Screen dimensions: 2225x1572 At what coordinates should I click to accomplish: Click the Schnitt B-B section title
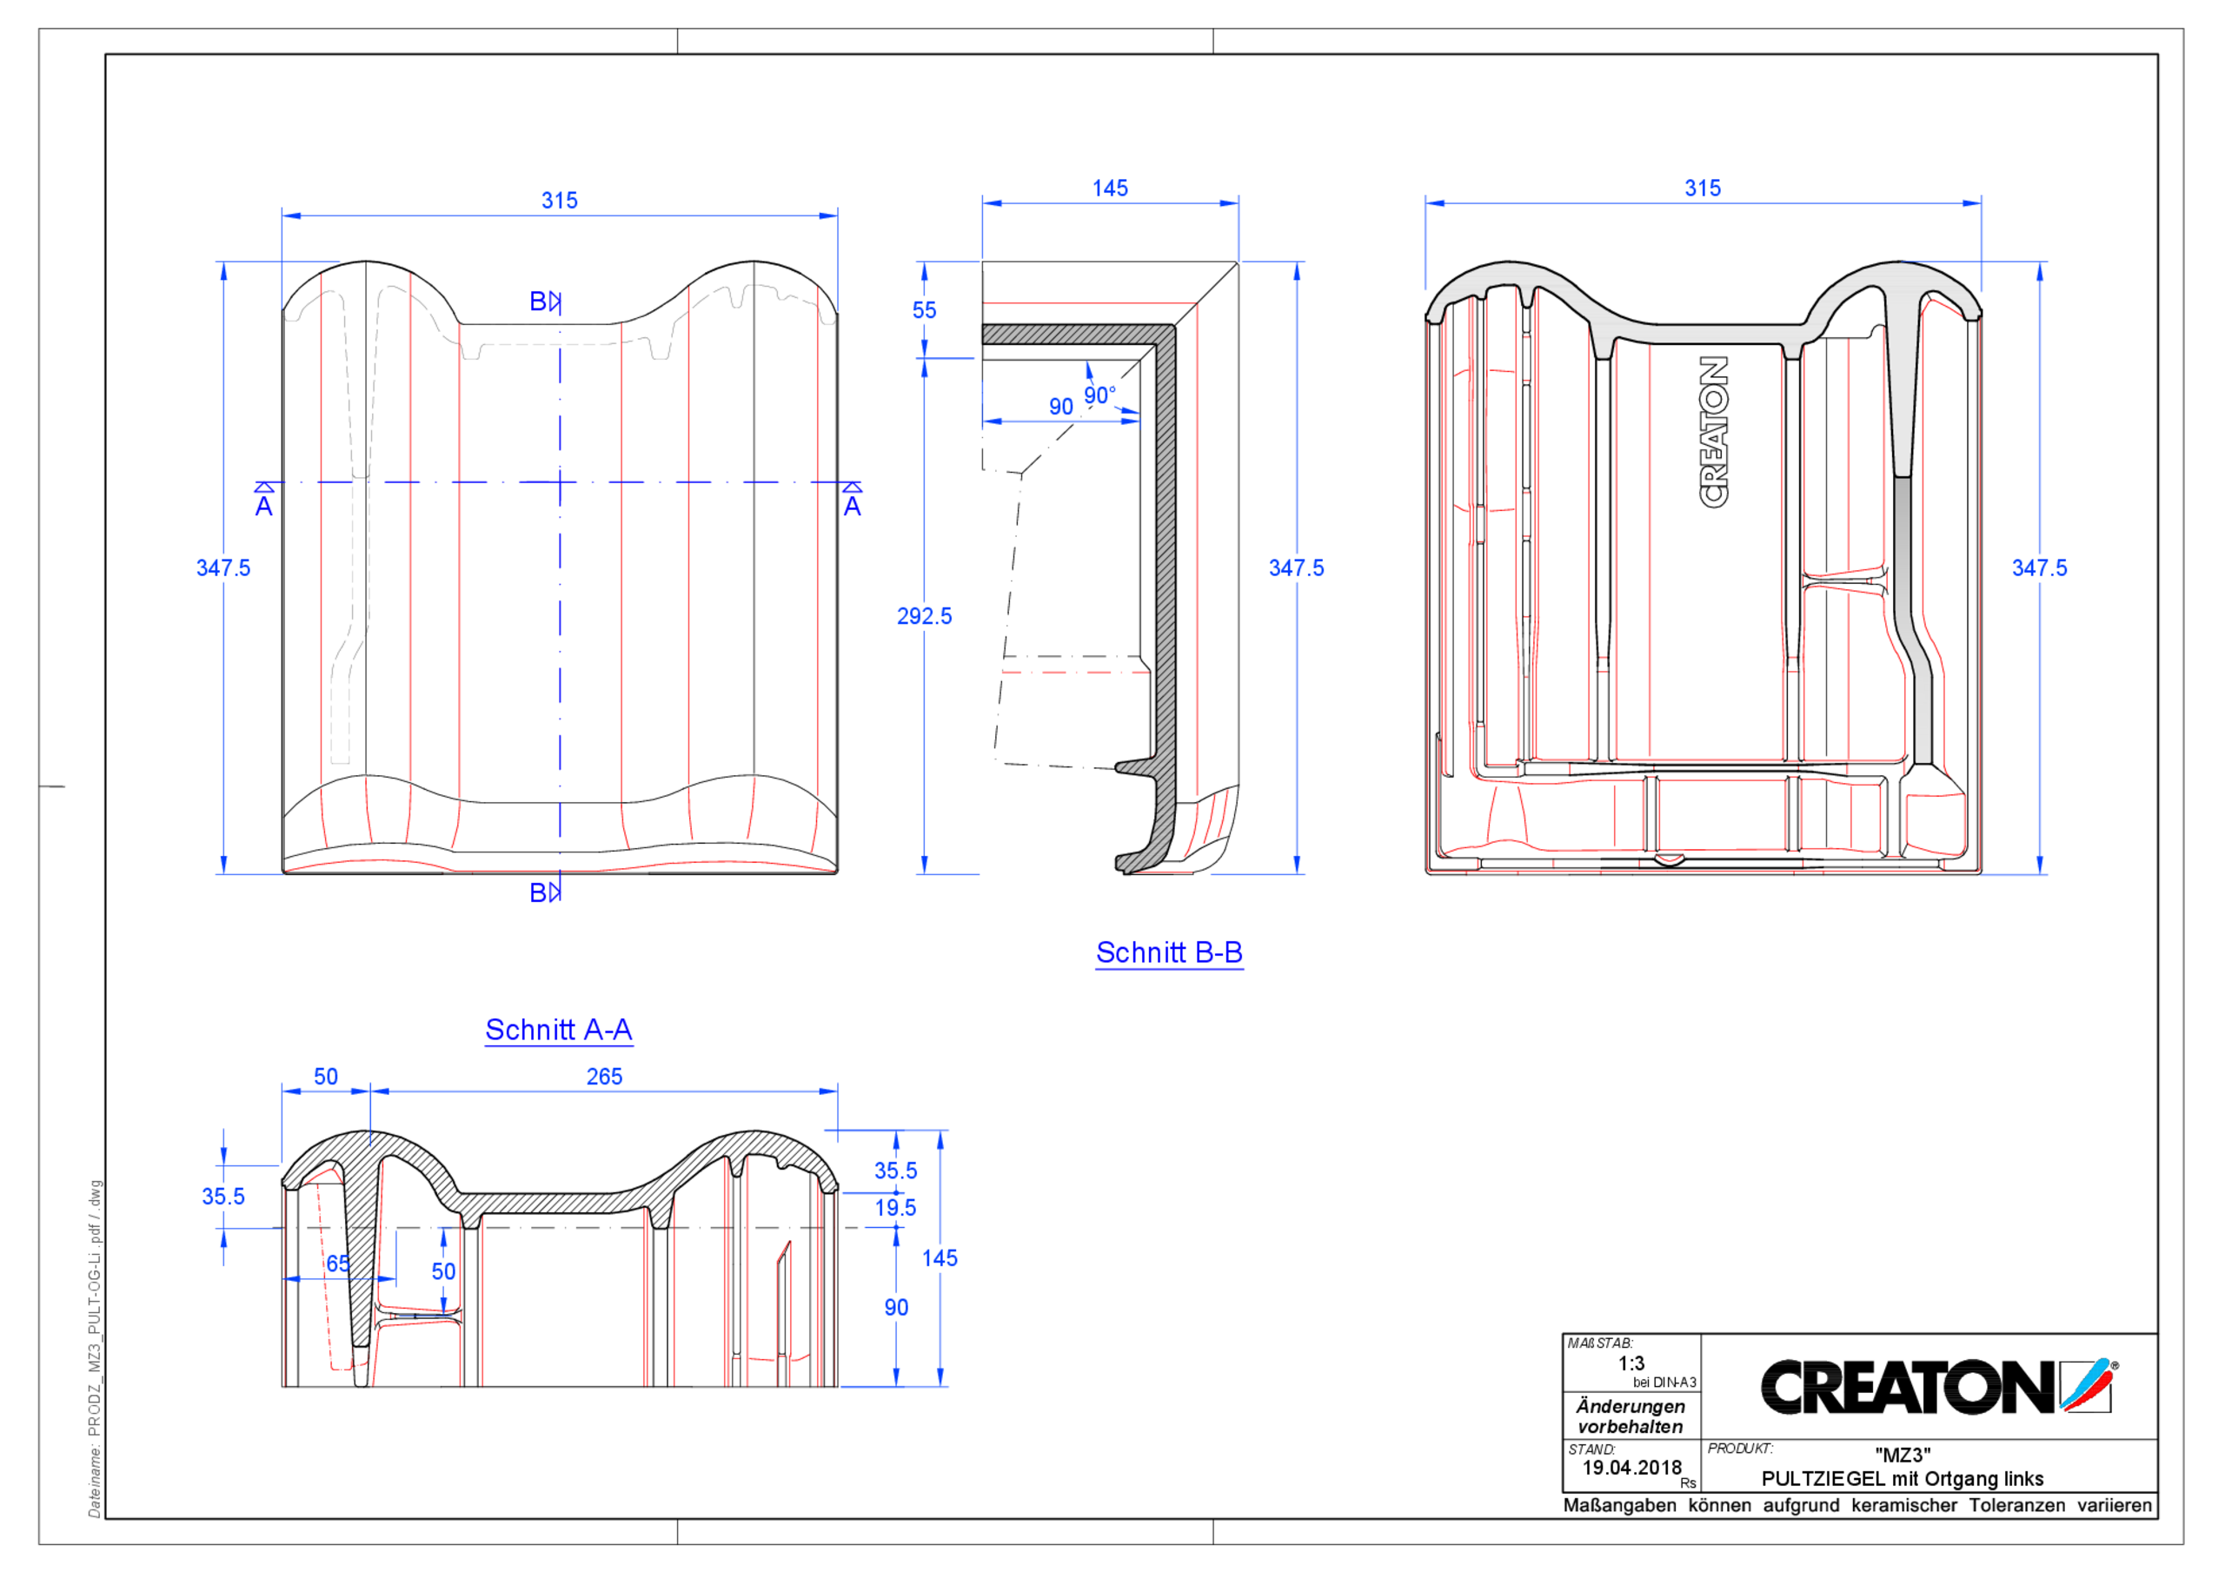(x=1169, y=952)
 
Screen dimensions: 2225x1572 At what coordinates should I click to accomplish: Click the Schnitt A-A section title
(x=558, y=1029)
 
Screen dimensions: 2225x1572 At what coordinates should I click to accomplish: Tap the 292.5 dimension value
(x=924, y=616)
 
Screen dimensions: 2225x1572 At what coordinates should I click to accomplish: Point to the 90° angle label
(x=1099, y=395)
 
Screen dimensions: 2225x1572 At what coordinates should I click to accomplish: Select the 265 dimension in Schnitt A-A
(x=604, y=1077)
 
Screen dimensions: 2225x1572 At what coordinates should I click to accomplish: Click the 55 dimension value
(x=924, y=310)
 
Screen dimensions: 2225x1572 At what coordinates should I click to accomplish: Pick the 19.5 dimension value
(x=894, y=1208)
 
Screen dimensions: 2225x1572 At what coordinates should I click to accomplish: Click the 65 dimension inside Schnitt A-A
(x=337, y=1264)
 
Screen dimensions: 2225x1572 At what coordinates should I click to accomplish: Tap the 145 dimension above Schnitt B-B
(x=1110, y=188)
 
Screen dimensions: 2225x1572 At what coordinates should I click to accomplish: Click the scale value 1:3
(x=1631, y=1363)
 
